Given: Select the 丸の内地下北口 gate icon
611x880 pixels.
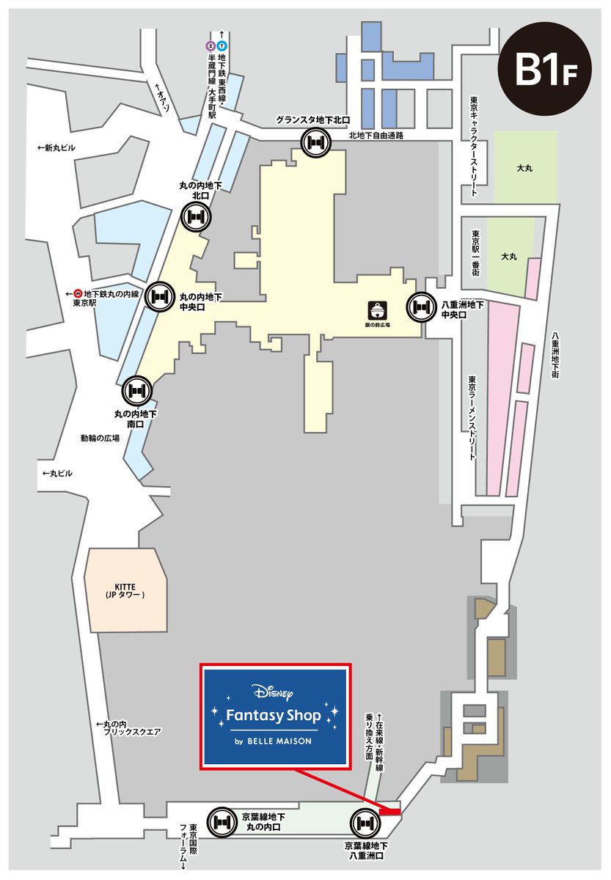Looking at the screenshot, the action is pyautogui.click(x=196, y=217).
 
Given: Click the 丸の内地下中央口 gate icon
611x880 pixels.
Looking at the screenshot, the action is pyautogui.click(x=161, y=296).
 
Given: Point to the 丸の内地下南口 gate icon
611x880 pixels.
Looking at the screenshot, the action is pyautogui.click(x=137, y=390).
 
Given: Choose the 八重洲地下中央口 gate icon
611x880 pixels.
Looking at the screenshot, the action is pyautogui.click(x=421, y=307).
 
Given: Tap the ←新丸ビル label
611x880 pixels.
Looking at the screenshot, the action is pyautogui.click(x=56, y=148).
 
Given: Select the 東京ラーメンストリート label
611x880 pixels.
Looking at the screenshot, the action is pyautogui.click(x=474, y=418).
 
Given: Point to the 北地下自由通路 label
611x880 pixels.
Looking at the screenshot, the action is pyautogui.click(x=376, y=136).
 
